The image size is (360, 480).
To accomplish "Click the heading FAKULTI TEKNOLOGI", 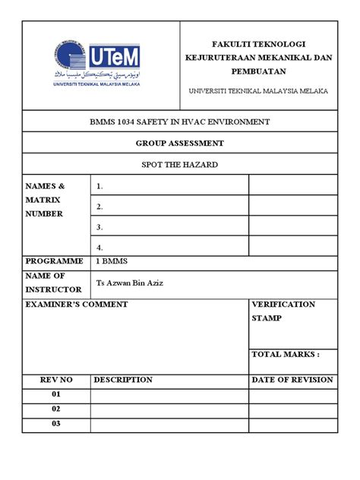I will click(x=257, y=45).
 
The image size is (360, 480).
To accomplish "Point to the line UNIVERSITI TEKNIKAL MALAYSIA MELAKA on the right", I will click(x=259, y=91).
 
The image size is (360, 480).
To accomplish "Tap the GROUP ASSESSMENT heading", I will click(x=179, y=142).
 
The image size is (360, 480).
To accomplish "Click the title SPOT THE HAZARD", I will click(x=179, y=163).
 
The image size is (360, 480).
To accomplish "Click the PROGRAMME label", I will click(x=54, y=261).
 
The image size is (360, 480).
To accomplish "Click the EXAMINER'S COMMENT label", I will click(x=77, y=305).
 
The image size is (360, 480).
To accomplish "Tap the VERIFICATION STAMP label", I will click(x=283, y=311).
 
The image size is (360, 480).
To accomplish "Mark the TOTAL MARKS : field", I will click(x=286, y=355).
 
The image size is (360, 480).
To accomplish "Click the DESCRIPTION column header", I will click(x=123, y=380).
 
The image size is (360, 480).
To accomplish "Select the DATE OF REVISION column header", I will click(x=292, y=380).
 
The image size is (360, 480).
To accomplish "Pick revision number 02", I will click(x=55, y=409).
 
